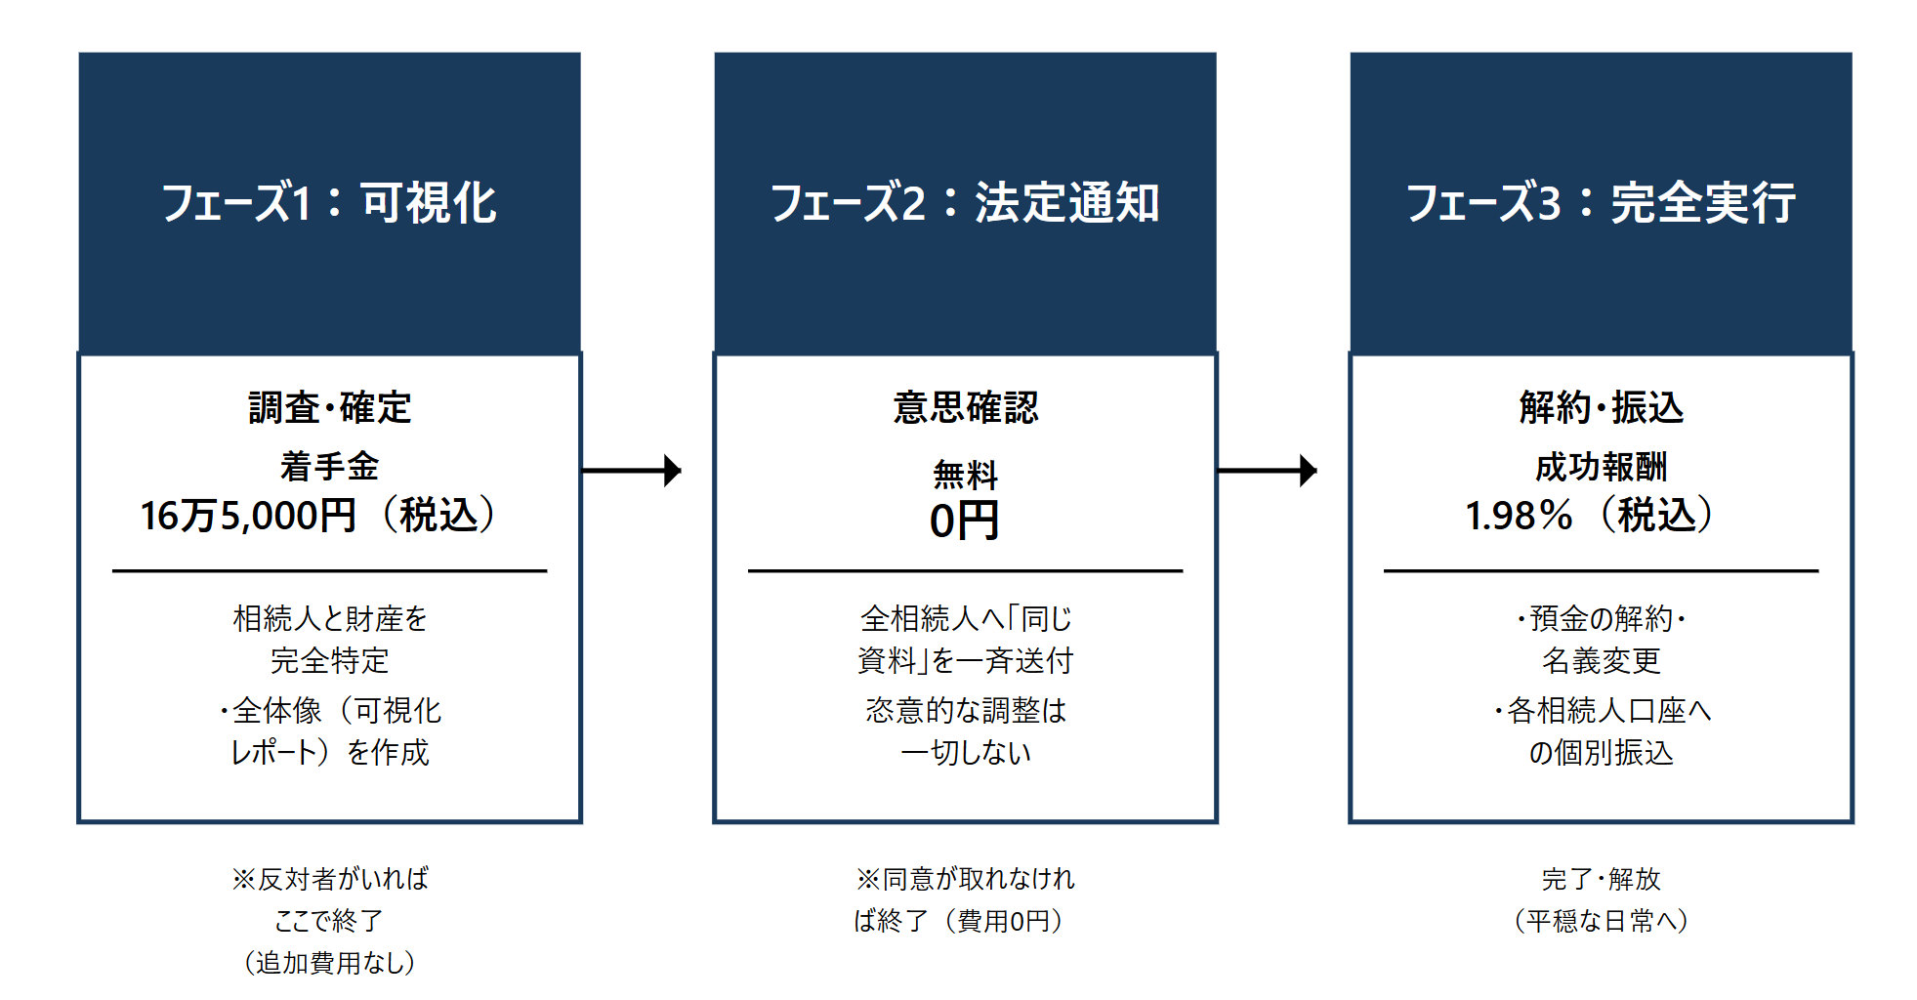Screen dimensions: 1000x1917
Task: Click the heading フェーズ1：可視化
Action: pos(329,203)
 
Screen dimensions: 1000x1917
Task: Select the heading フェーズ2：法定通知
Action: pos(965,203)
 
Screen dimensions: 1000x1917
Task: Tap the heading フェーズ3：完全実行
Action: pos(1601,203)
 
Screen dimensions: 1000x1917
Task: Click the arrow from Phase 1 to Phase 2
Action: pos(632,471)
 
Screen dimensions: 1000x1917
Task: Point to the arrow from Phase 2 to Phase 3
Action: pos(1268,471)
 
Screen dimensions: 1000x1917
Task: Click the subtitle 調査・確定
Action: pos(329,407)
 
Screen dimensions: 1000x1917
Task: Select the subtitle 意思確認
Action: pos(965,407)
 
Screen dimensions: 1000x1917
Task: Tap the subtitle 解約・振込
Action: pos(1601,407)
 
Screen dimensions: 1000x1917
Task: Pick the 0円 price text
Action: pos(964,521)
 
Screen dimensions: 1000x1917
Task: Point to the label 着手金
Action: pos(329,466)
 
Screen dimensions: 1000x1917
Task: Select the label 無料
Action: pos(965,475)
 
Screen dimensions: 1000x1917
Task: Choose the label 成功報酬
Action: pos(1601,467)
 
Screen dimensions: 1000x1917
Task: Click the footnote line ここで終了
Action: pos(329,920)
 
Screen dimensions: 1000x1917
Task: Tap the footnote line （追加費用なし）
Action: pos(329,962)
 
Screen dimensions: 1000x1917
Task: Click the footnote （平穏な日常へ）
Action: pos(1601,920)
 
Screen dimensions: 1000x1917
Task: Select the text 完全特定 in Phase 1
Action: pos(329,661)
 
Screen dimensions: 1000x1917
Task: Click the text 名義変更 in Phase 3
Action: pos(1601,661)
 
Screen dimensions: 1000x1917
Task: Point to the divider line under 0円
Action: pos(965,571)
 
